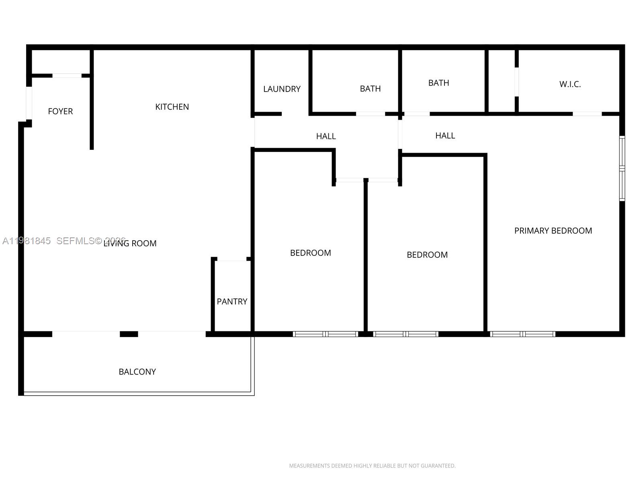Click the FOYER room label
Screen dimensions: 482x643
[60, 111]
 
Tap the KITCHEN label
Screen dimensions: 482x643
[172, 107]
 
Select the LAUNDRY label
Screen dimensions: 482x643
[282, 89]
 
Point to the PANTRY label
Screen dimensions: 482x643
[232, 302]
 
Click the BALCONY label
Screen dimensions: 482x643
[137, 372]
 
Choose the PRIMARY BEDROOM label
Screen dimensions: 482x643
[553, 231]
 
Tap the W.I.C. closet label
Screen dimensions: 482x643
[570, 84]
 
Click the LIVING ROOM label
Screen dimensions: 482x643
[130, 243]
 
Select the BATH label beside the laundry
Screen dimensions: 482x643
[370, 89]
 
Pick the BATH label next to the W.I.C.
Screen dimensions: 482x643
[438, 83]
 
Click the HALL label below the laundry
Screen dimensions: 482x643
[326, 137]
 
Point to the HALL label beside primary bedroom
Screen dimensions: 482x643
[445, 136]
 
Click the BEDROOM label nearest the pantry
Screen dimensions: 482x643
[310, 253]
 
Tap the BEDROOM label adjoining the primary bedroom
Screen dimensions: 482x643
[427, 255]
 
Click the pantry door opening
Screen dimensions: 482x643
[232, 259]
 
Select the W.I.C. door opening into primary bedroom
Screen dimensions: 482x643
[587, 114]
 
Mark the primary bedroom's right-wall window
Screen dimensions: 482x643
[622, 169]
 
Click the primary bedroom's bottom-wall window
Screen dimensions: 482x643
[522, 334]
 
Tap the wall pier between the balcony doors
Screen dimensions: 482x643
[129, 334]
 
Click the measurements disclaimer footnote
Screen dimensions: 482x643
[372, 466]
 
